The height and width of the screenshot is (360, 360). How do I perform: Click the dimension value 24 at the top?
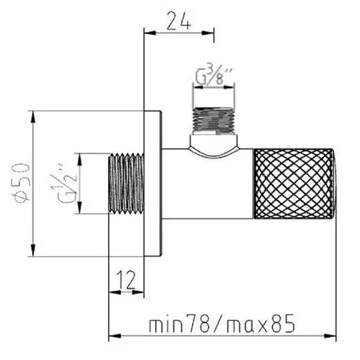179,21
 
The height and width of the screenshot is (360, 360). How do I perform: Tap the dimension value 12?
127,280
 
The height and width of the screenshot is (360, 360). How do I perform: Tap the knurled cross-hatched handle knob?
293,184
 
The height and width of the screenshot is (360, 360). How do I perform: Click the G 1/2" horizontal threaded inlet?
126,184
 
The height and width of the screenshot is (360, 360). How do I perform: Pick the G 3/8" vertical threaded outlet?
214,120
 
